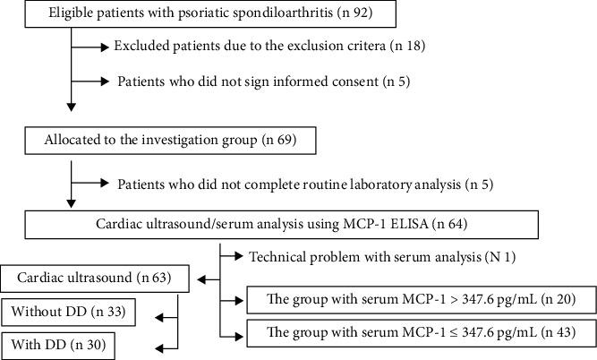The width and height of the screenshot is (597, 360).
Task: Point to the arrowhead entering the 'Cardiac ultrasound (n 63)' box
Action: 202,279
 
